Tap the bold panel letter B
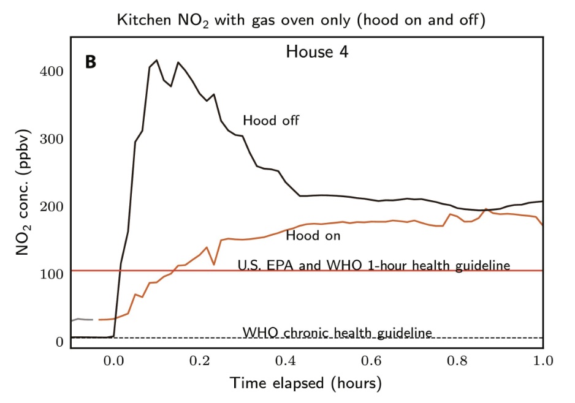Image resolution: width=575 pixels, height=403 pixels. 91,62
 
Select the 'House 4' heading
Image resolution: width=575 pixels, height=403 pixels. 317,52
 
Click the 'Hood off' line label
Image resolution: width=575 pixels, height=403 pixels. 271,120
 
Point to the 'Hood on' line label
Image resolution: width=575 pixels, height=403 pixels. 313,235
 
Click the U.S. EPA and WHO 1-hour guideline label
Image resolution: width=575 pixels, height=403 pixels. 374,265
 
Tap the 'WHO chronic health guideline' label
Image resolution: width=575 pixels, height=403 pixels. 338,333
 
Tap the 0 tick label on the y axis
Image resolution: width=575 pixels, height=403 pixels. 60,341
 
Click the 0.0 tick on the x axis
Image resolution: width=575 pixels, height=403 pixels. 113,361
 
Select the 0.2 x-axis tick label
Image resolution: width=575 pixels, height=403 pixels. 199,361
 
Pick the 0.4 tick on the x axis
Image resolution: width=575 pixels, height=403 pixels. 284,361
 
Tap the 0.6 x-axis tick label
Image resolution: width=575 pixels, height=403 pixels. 370,361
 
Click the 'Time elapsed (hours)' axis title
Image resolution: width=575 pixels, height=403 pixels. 306,383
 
